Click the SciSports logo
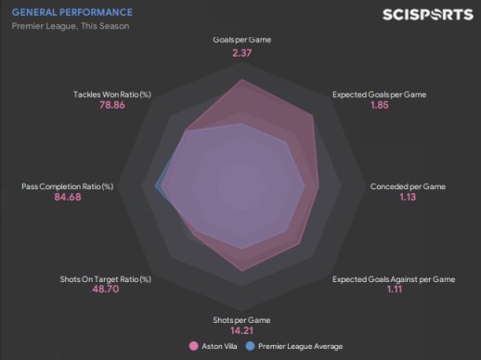428,15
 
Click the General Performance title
72,12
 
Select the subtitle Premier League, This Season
71,26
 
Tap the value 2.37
242,53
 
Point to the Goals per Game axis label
242,40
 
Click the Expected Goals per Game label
379,95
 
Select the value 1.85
380,105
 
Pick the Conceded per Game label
408,186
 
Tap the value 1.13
408,197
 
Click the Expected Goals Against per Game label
394,279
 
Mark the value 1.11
395,289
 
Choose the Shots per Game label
241,320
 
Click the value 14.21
241,330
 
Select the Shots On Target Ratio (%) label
106,279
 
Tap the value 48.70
106,289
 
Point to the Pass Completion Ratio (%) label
68,186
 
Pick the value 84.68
68,197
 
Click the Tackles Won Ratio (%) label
112,95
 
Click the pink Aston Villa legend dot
193,346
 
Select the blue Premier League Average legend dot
250,346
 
